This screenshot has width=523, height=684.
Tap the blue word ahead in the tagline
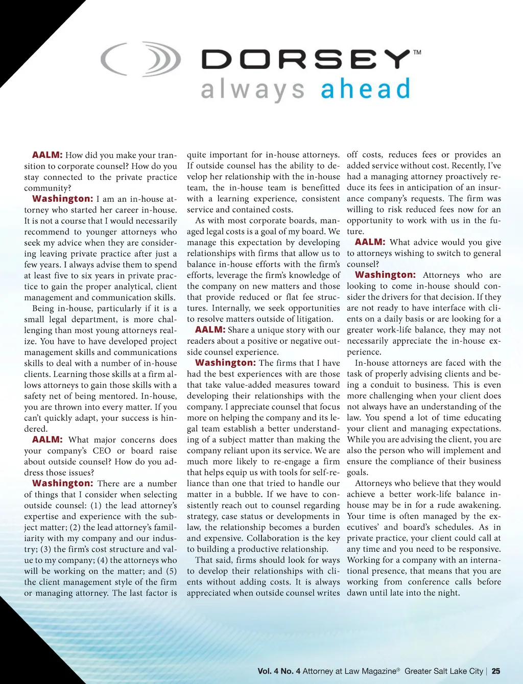[x=365, y=89]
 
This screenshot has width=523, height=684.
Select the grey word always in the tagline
[x=253, y=90]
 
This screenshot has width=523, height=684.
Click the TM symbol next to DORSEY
[x=417, y=52]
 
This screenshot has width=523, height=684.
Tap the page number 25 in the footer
[x=495, y=671]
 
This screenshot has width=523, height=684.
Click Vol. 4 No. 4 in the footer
[x=279, y=671]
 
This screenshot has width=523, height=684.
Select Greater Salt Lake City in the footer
[x=443, y=671]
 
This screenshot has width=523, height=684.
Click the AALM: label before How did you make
[x=47, y=155]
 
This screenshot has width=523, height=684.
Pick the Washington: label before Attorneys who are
[x=385, y=275]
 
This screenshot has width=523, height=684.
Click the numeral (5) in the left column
[x=171, y=571]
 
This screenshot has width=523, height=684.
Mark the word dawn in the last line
[x=358, y=593]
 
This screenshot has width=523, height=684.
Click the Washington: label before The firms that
[x=225, y=363]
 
